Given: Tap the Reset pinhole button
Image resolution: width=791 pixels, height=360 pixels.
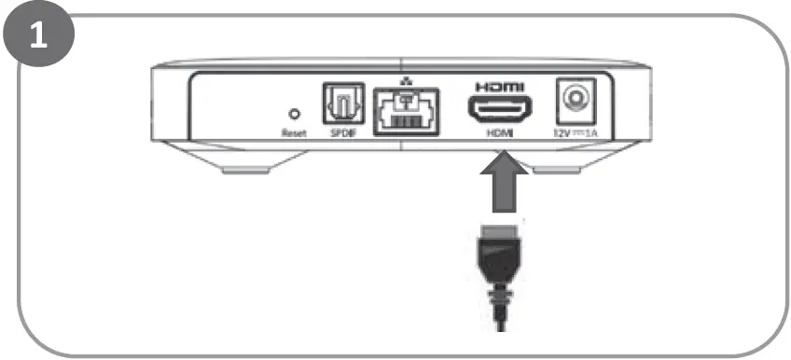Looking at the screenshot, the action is pyautogui.click(x=295, y=115).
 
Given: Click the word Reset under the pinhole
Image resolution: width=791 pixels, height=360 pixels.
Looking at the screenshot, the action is pyautogui.click(x=295, y=133).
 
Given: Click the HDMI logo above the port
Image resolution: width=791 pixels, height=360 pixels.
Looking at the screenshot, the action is pyautogui.click(x=500, y=86).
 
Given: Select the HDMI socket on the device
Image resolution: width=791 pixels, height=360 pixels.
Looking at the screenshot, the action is pyautogui.click(x=500, y=111).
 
